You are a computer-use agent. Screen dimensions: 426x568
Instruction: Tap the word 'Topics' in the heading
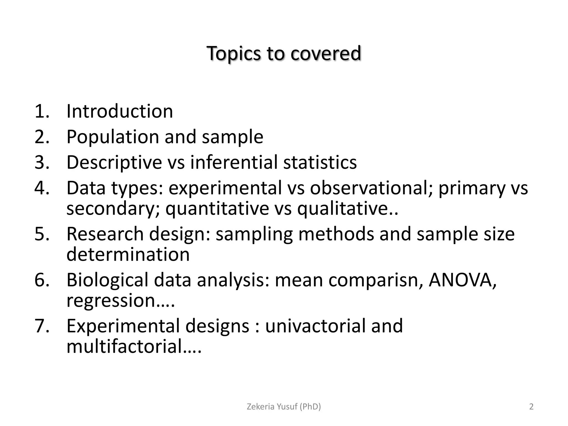(234, 53)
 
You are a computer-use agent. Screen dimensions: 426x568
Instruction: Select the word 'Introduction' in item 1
(120, 111)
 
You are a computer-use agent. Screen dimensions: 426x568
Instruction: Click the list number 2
(42, 137)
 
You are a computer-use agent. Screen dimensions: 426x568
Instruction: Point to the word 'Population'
(112, 137)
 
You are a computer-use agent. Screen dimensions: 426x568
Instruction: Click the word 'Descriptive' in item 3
(114, 162)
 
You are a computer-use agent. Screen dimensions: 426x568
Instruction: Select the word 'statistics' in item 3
(320, 162)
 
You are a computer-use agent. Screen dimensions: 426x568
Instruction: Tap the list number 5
(42, 234)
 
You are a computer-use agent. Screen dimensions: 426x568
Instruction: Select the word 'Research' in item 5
(105, 234)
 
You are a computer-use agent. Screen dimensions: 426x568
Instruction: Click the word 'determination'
(128, 254)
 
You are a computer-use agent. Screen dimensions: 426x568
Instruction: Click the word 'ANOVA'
(460, 280)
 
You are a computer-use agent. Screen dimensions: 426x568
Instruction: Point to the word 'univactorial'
(315, 326)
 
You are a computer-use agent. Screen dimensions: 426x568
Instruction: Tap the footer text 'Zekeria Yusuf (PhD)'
(284, 407)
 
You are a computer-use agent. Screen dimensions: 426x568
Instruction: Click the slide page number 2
(531, 407)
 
